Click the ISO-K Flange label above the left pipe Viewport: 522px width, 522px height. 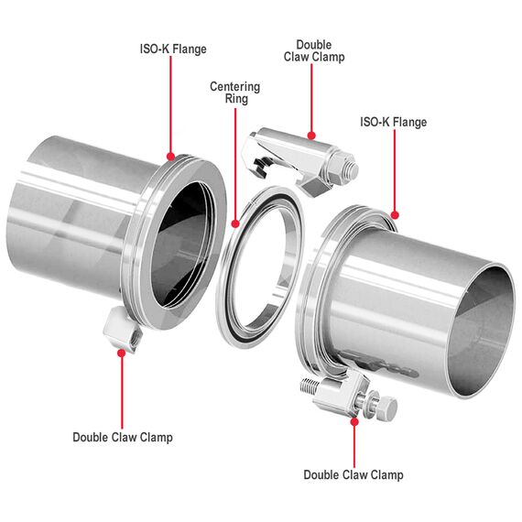173,49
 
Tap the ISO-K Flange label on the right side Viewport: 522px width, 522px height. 393,122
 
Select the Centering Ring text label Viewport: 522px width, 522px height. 235,92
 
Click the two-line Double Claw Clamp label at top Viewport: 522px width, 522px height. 314,51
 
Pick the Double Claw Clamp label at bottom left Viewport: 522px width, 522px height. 123,437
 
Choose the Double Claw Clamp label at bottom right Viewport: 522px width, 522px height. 353,474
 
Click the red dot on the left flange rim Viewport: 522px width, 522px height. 170,157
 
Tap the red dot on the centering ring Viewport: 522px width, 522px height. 235,223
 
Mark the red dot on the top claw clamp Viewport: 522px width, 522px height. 311,136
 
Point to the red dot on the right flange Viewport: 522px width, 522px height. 395,214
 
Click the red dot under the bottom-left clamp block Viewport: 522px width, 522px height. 122,353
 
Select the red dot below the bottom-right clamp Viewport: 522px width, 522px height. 355,422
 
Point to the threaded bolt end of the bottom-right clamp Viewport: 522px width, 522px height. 310,386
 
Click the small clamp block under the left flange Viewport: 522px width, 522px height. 123,328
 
